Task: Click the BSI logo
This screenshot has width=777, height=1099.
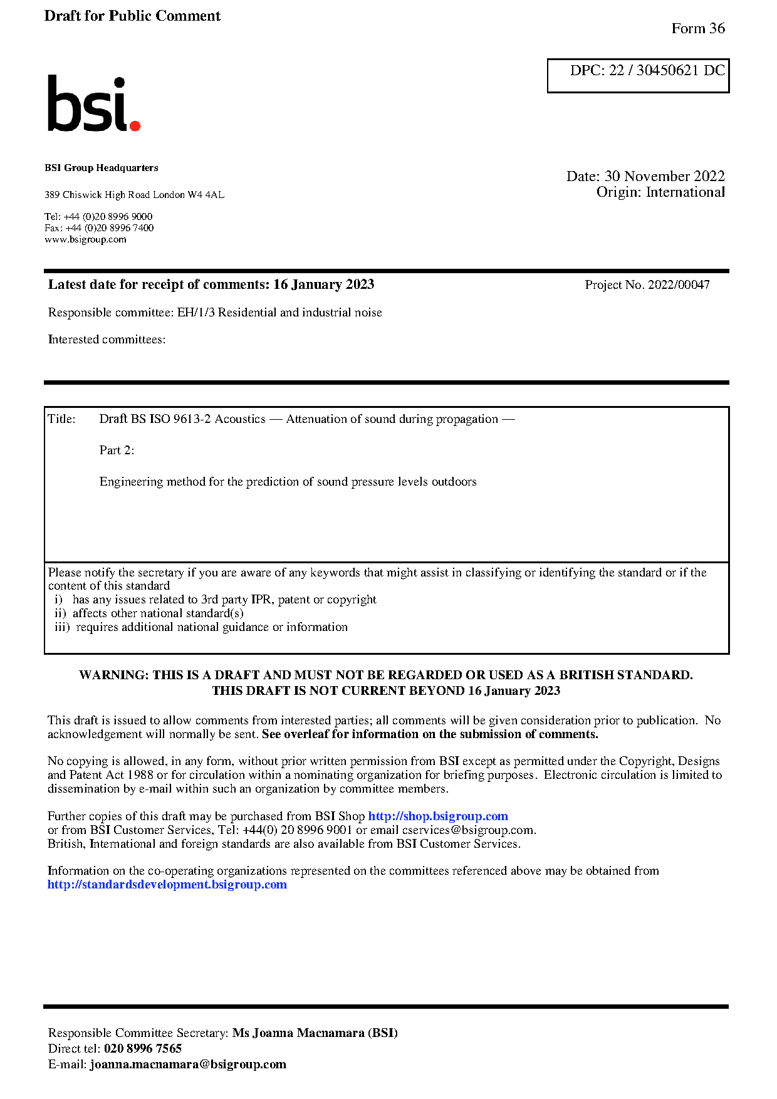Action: (94, 104)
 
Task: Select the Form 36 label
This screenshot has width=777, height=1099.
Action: (697, 29)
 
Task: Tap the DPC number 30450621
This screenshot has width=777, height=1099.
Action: (667, 71)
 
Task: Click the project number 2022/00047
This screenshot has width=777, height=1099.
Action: (679, 285)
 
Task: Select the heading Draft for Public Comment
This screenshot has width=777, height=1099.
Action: (132, 16)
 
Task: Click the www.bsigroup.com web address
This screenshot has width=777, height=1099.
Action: (85, 239)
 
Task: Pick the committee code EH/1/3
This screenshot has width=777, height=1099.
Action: (196, 313)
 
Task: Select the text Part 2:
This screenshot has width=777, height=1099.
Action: (117, 451)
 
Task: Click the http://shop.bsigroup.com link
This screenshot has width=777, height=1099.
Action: (437, 816)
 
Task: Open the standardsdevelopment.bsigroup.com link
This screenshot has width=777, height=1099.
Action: (167, 885)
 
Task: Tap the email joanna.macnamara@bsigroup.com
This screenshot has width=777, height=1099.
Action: (188, 1065)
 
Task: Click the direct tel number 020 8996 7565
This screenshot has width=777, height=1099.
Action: (143, 1049)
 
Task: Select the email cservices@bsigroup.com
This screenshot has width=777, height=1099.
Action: (468, 830)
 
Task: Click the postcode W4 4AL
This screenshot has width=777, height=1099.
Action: (206, 195)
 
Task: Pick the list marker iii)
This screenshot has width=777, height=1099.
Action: (62, 627)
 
